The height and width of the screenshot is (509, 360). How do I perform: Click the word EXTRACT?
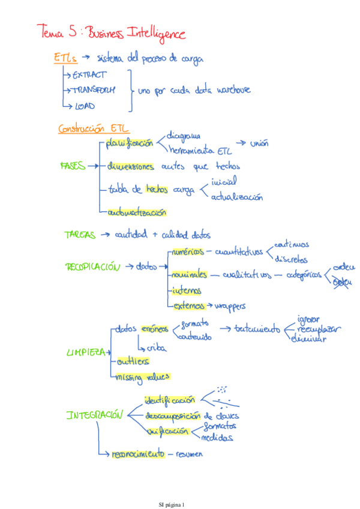click(89, 75)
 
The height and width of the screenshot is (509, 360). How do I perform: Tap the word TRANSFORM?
click(94, 90)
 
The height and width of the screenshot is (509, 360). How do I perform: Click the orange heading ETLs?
click(65, 58)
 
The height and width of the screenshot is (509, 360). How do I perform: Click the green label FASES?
click(73, 165)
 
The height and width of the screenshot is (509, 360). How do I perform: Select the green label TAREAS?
click(80, 235)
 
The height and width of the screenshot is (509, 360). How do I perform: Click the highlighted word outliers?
click(132, 361)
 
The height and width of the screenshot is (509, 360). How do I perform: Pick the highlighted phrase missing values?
click(143, 377)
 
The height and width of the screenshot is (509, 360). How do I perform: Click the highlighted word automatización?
click(137, 212)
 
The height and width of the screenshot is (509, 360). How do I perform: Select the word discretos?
click(291, 260)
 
